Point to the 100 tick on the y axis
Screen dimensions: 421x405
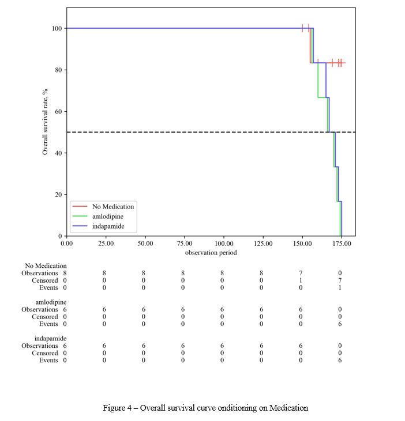click(x=57, y=28)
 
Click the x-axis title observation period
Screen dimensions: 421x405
click(x=211, y=252)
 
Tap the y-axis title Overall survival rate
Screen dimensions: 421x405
click(x=44, y=122)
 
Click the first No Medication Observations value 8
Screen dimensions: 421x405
click(x=64, y=273)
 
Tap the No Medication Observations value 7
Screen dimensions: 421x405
click(x=301, y=273)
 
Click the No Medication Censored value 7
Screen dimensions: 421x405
click(x=340, y=280)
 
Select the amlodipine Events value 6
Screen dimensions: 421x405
click(x=340, y=324)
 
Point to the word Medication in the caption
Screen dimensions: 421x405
click(x=291, y=408)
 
